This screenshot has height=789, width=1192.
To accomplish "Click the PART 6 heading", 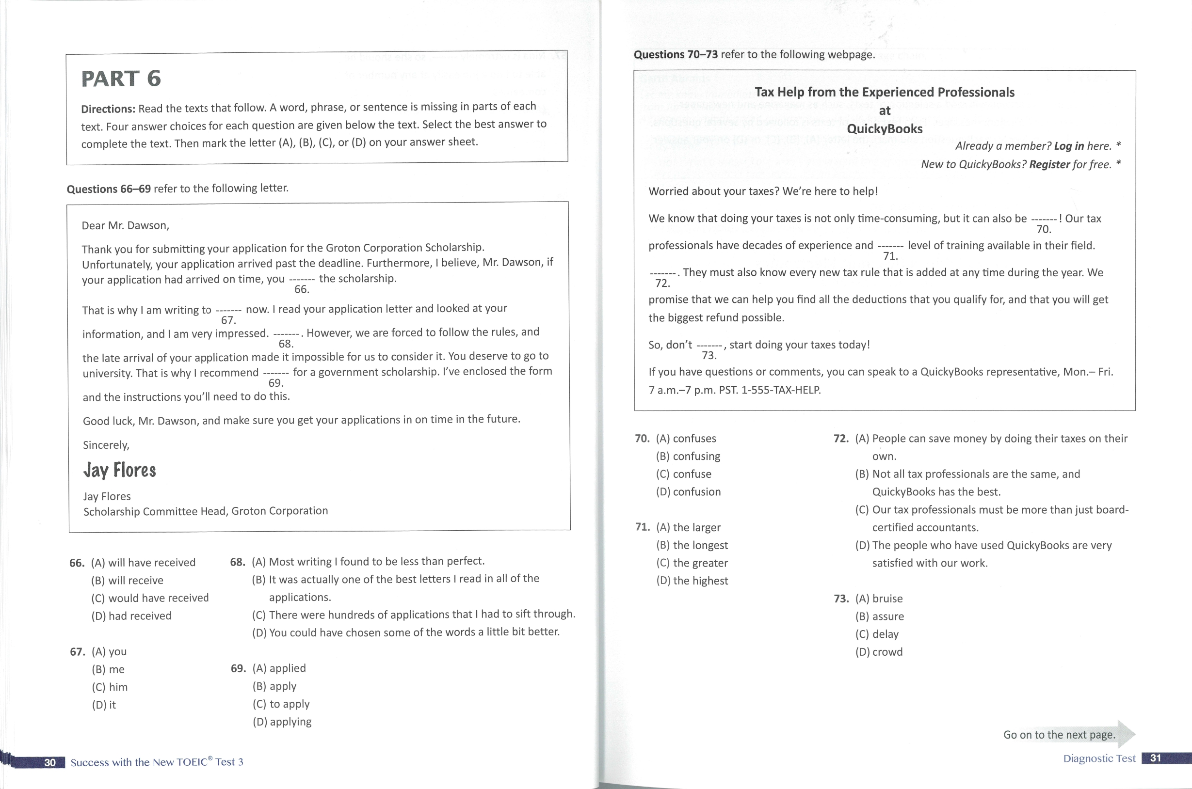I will (x=121, y=79).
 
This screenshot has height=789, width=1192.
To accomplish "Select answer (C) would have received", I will (x=149, y=598).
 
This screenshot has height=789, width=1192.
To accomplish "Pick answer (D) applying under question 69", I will (x=281, y=722).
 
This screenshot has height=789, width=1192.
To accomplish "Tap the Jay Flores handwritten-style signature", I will (x=120, y=471).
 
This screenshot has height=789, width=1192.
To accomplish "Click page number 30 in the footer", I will (x=50, y=762).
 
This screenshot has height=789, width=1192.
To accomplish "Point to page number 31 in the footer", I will (x=1155, y=758).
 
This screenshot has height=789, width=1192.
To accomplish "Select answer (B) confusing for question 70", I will (x=688, y=456).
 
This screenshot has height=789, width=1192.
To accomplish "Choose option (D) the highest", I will (x=692, y=581).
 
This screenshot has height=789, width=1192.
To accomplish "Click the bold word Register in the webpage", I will (x=1049, y=165).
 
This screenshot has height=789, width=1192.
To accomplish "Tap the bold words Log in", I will (x=1069, y=146).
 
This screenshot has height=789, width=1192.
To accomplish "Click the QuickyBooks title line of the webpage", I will (x=885, y=129).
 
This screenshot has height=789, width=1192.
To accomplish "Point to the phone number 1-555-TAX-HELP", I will (x=781, y=390).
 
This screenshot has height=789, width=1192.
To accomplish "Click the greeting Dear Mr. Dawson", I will (x=125, y=225).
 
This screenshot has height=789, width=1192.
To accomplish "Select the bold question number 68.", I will (x=238, y=562).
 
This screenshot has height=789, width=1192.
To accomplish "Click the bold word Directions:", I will (x=108, y=109).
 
